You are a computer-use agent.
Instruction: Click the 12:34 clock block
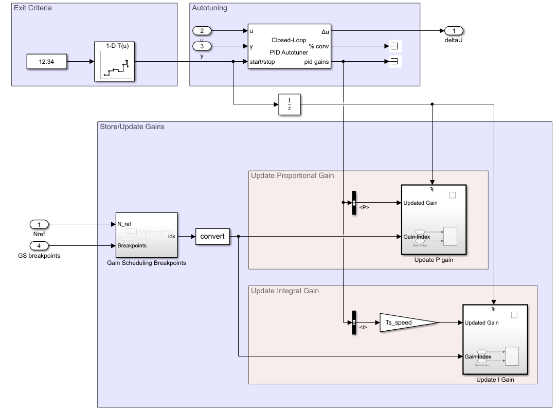pos(47,62)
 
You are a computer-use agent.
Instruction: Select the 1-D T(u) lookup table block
pos(114,62)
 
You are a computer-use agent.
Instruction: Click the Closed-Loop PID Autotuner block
pos(289,46)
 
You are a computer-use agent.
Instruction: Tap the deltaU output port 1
pos(454,31)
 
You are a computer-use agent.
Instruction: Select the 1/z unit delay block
pos(289,104)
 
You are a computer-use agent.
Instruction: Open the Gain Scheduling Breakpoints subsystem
pos(147,235)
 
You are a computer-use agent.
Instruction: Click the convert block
pos(212,237)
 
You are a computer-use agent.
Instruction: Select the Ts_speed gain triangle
pos(406,323)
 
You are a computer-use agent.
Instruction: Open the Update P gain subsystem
pos(434,220)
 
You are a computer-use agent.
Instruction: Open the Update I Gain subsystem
pos(495,340)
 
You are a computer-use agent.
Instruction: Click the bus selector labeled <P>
pos(354,203)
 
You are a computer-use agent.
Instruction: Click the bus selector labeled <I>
pos(354,323)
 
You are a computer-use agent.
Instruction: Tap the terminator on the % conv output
pos(394,47)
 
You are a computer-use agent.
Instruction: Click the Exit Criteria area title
pos(33,8)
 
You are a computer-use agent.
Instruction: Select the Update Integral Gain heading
pos(285,291)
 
